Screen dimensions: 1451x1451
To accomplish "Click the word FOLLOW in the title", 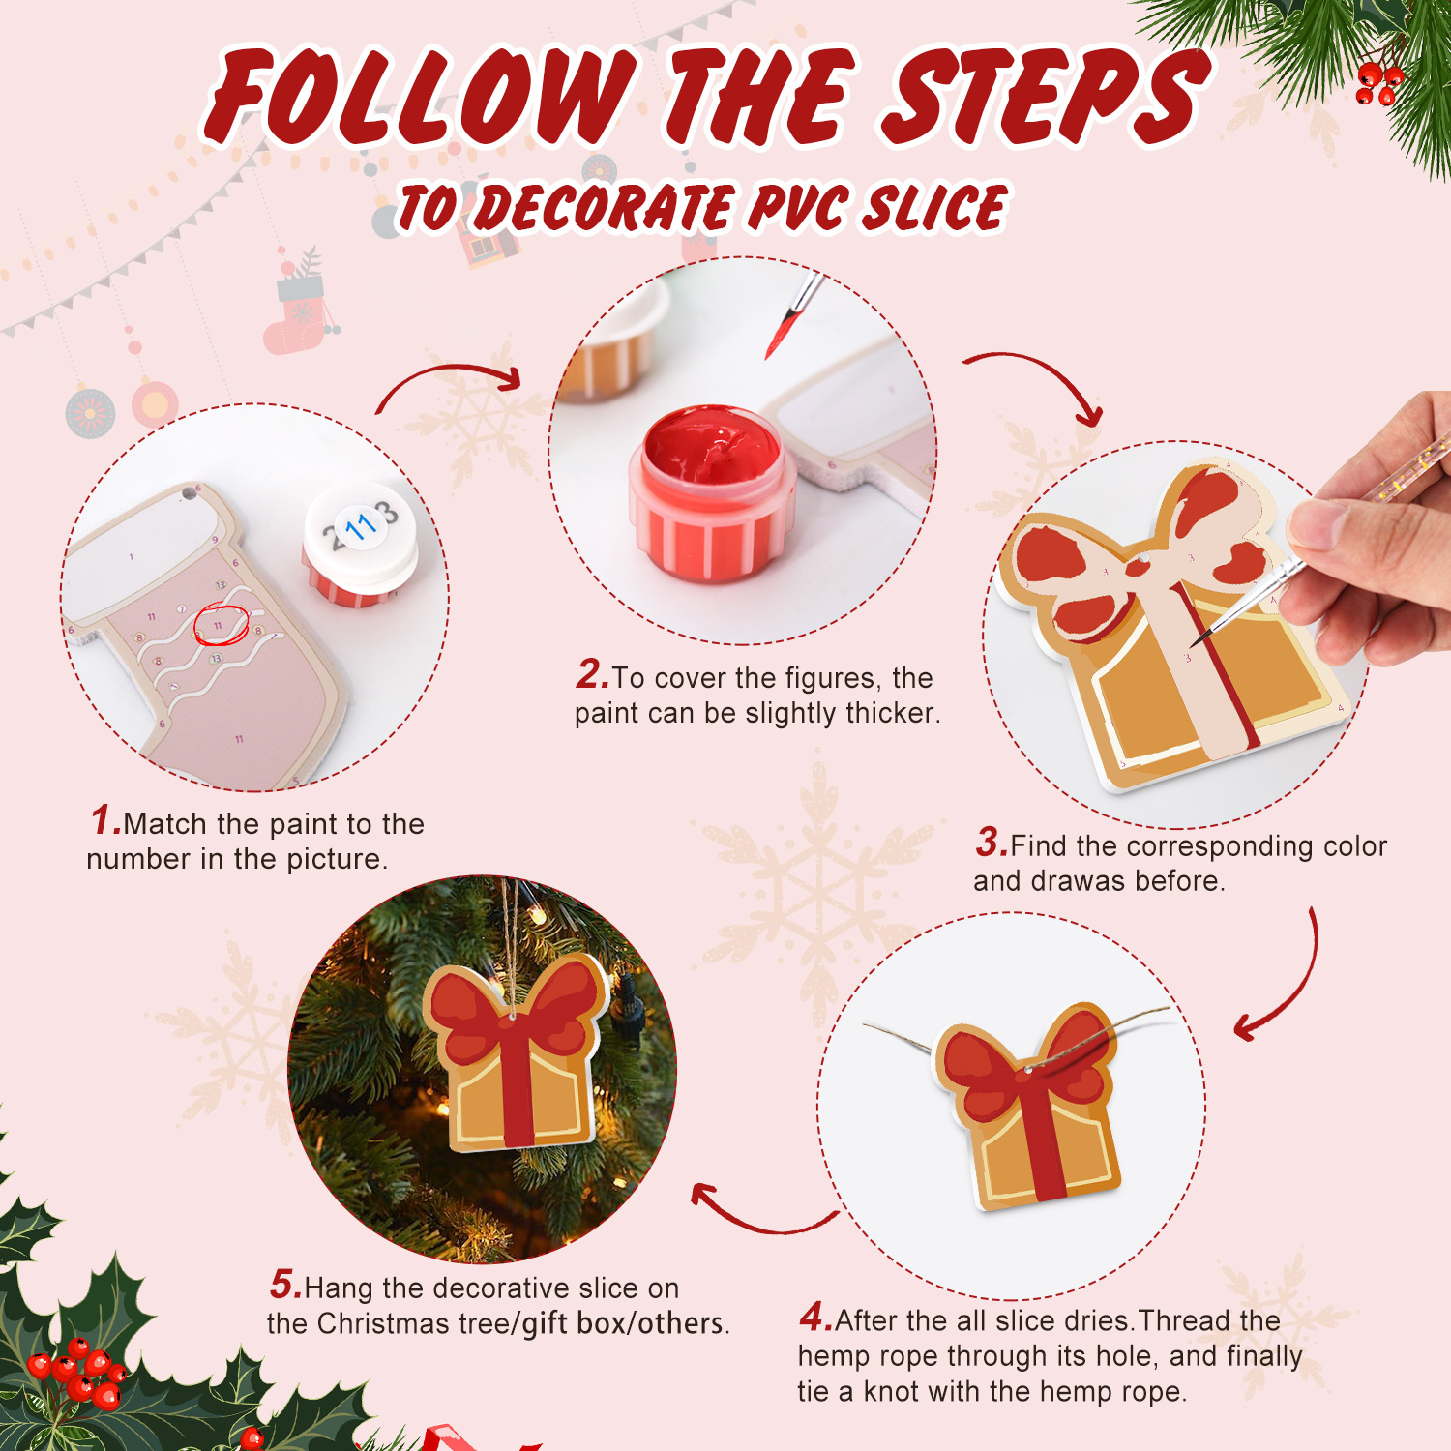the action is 421,97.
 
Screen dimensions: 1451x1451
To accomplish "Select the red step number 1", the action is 106,820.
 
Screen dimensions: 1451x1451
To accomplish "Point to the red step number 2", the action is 592,674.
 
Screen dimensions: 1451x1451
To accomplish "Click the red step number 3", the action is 992,842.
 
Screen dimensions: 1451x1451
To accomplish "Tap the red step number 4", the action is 815,1317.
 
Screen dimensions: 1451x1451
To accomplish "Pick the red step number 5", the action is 286,1285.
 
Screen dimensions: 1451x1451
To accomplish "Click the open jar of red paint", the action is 714,493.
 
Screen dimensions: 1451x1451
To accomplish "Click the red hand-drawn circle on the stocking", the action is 222,624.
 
